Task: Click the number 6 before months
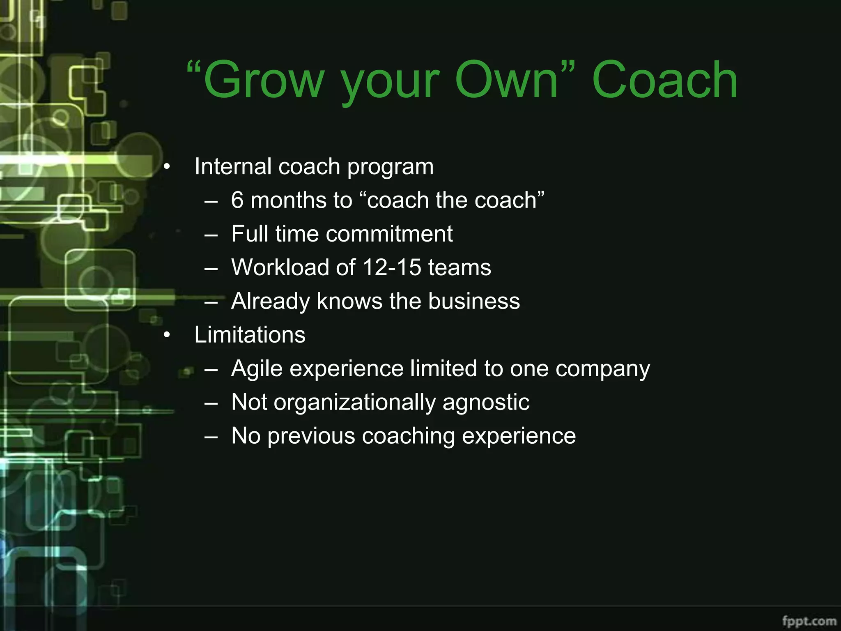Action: (x=237, y=200)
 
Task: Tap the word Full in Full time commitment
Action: (x=250, y=234)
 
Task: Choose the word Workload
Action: (x=280, y=268)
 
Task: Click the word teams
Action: (x=460, y=268)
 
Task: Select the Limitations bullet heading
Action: (x=250, y=335)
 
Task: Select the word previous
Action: (x=311, y=436)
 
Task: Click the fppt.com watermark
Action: (x=809, y=620)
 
